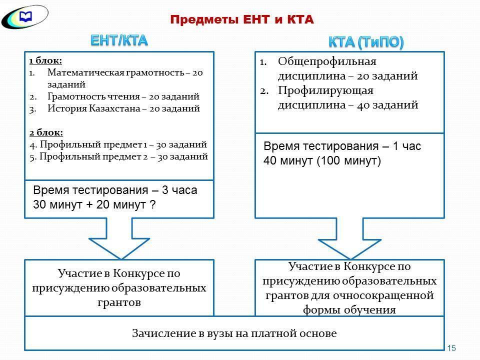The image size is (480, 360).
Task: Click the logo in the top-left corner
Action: (24, 16)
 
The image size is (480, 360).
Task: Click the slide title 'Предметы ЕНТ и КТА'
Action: (241, 19)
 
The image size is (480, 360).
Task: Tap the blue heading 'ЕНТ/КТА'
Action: (119, 40)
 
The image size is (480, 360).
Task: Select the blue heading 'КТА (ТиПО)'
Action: (366, 42)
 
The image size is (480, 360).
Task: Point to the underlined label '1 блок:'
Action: (45, 60)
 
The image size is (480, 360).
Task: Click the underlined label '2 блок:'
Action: (45, 132)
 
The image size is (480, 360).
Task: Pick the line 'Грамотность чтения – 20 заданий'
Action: (123, 96)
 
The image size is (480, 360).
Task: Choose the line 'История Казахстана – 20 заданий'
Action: (123, 108)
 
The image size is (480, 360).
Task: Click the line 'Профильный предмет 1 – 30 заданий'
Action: (122, 144)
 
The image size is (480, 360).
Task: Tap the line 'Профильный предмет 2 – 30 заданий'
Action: (123, 156)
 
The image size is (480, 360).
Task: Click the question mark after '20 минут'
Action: (152, 204)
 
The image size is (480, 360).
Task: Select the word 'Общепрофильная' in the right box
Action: (326, 61)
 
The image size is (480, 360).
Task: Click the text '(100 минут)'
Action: (348, 161)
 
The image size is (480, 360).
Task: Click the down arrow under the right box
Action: (350, 240)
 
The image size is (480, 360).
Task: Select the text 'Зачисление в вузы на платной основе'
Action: (234, 333)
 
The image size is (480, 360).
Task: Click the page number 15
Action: (452, 348)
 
